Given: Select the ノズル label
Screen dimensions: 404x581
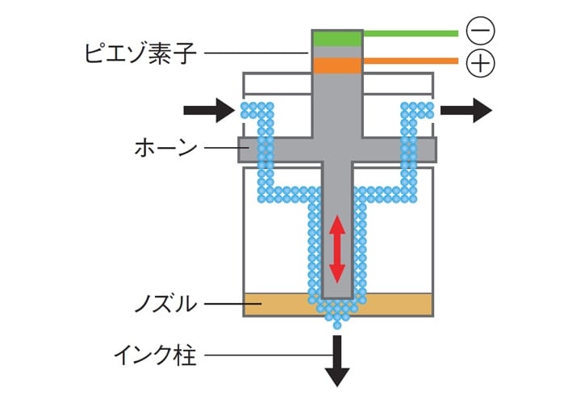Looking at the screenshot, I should click(164, 305).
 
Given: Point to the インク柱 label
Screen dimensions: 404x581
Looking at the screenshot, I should click(155, 355).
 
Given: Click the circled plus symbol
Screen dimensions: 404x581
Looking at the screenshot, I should click(481, 62).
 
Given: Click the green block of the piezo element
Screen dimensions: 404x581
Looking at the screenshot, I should click(336, 38).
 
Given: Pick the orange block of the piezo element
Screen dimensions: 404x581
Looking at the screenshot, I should click(336, 65).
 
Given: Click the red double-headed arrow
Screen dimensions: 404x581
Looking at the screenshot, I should click(336, 249).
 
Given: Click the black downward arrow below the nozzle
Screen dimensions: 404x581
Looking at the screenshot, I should click(336, 360).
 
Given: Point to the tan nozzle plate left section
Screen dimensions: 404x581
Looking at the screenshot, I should click(274, 305).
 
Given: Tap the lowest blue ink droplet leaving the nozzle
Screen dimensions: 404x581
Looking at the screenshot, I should click(336, 324).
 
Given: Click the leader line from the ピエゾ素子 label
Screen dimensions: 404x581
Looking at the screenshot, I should click(258, 53).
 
